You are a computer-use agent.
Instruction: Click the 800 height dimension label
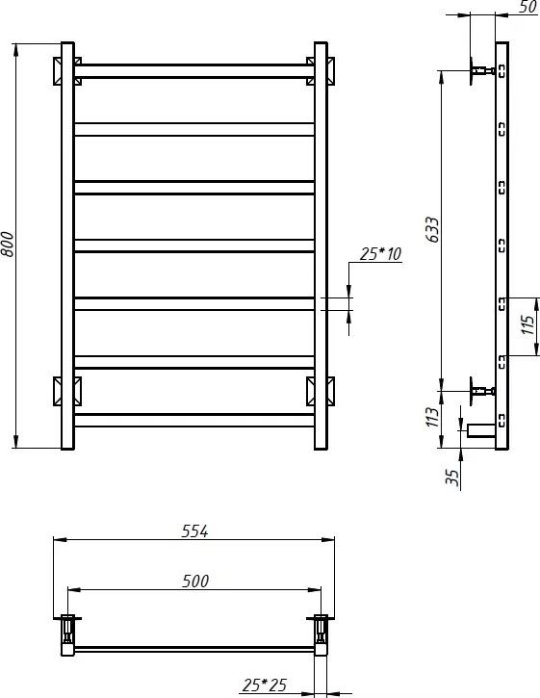[x=8, y=244]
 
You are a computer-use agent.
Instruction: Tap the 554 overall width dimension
[x=195, y=531]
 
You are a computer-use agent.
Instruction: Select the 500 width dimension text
[x=195, y=581]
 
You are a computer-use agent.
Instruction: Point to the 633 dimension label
[x=432, y=230]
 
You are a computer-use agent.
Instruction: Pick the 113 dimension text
[x=432, y=417]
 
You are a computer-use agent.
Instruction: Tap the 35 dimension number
[x=451, y=478]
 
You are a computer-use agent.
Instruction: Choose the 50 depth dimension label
[x=528, y=7]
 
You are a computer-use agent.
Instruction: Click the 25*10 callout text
[x=380, y=254]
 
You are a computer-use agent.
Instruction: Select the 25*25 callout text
[x=265, y=685]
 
